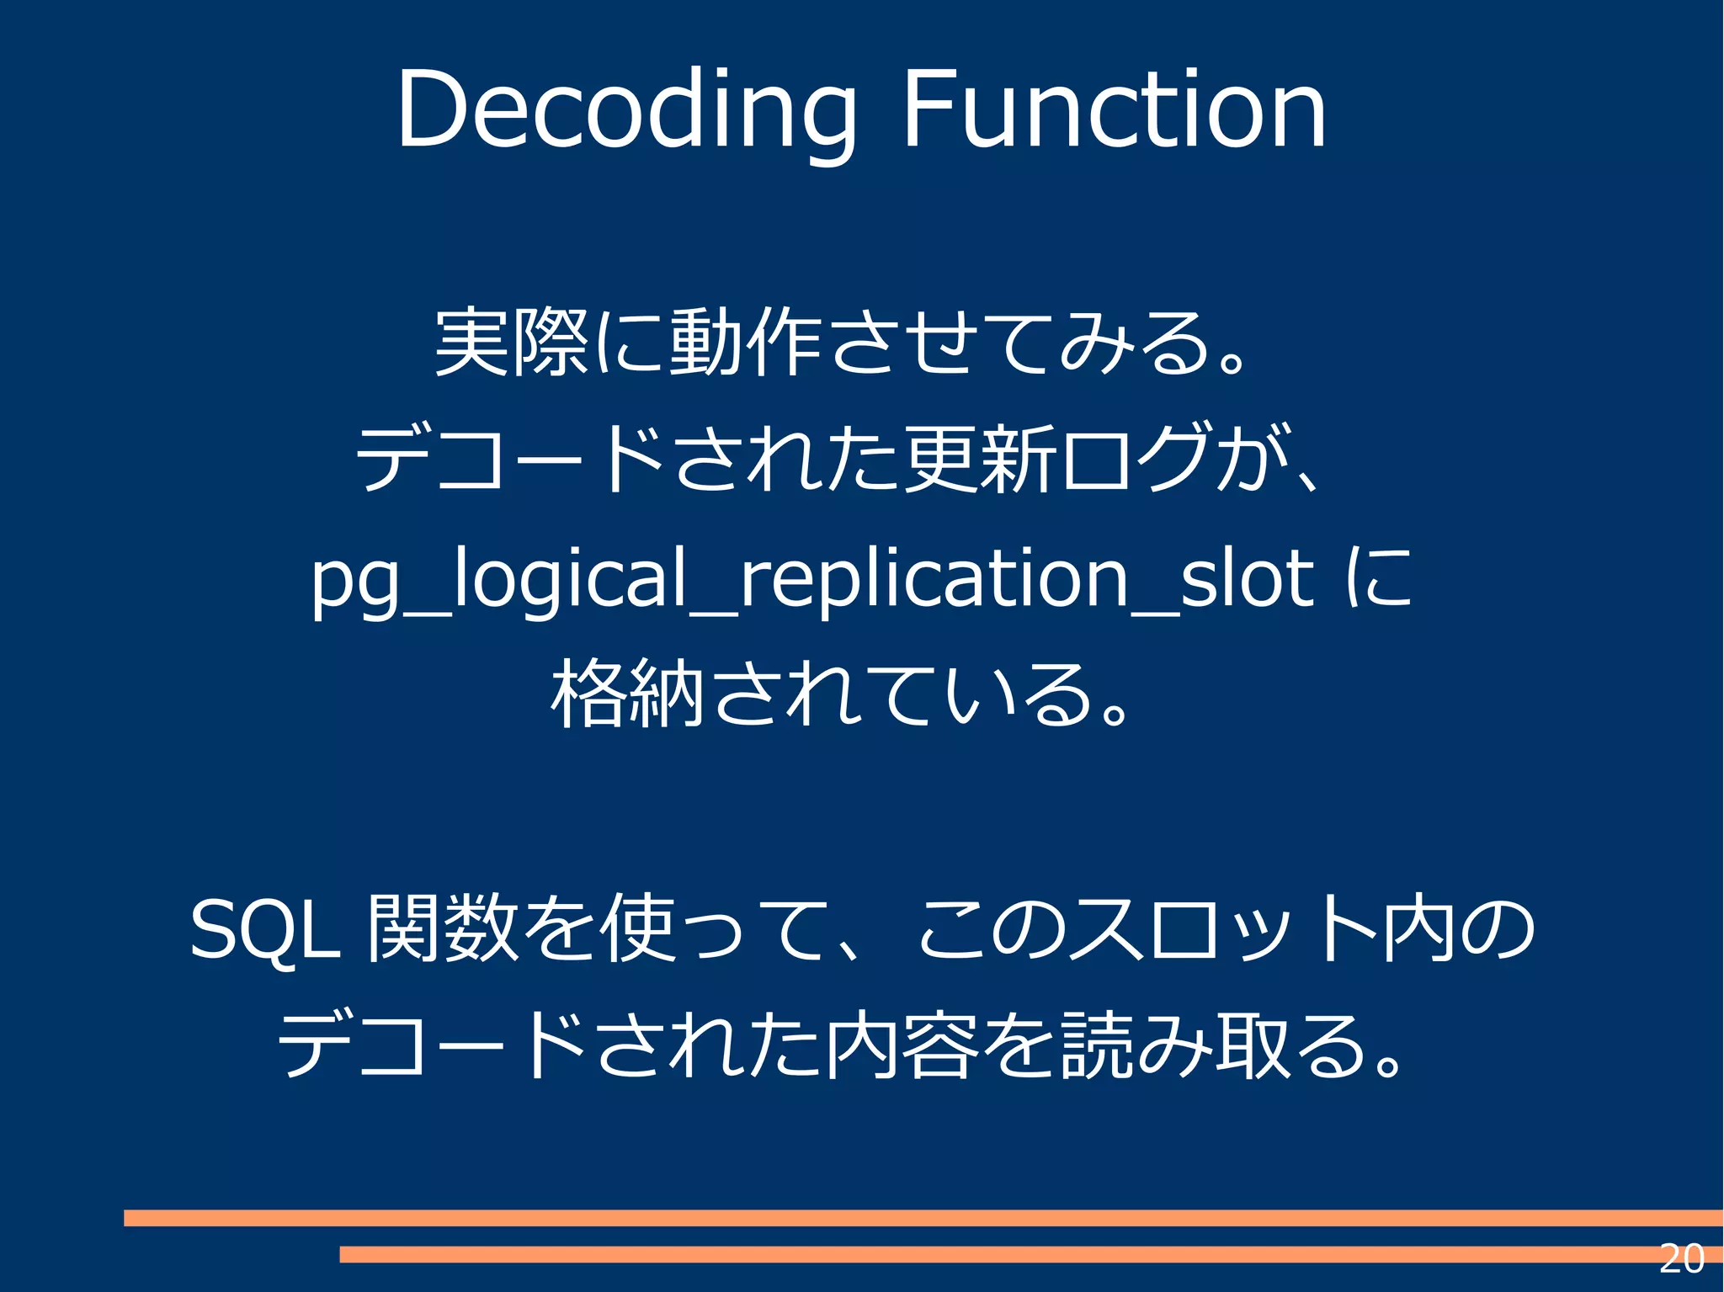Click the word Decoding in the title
626,111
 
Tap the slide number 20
1681,1259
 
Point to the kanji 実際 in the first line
511,343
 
